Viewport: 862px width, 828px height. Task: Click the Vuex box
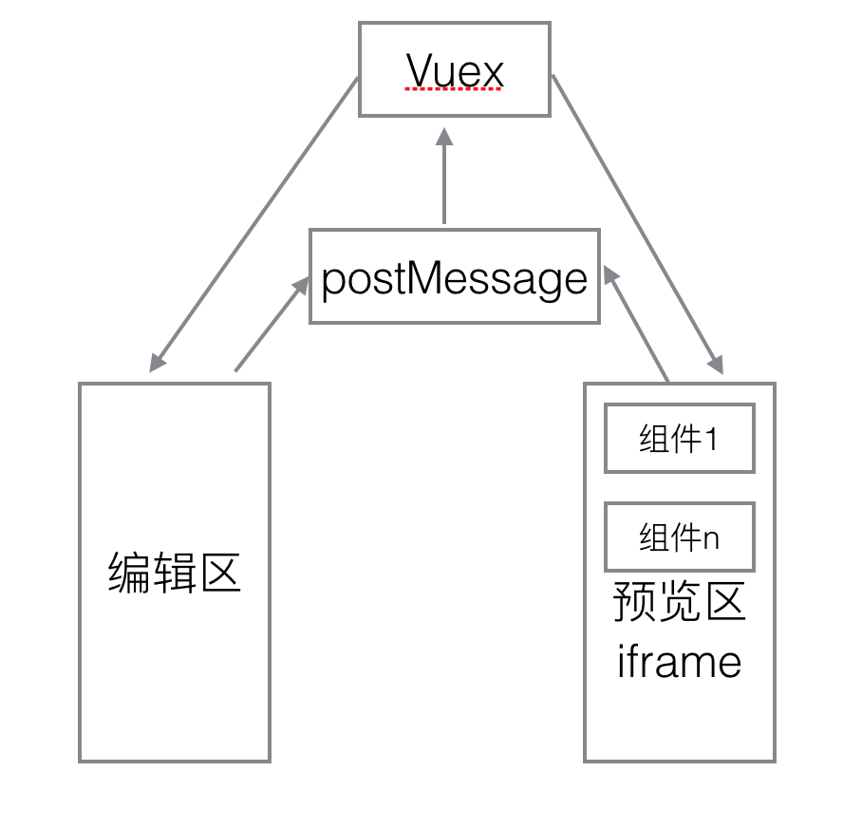tap(454, 70)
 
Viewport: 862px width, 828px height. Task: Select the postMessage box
tap(454, 276)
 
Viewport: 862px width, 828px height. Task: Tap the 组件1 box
tap(679, 439)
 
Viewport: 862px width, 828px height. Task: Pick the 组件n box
tap(679, 537)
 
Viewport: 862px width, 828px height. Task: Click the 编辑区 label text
tap(175, 574)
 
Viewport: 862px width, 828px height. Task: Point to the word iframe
tap(679, 661)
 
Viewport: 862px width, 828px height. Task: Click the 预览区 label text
tap(679, 602)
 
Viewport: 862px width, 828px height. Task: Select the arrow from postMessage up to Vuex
tap(443, 180)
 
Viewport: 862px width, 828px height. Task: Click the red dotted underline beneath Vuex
tap(453, 90)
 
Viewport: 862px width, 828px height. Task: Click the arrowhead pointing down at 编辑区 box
tap(157, 362)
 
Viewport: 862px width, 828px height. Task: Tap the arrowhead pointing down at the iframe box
tap(716, 364)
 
